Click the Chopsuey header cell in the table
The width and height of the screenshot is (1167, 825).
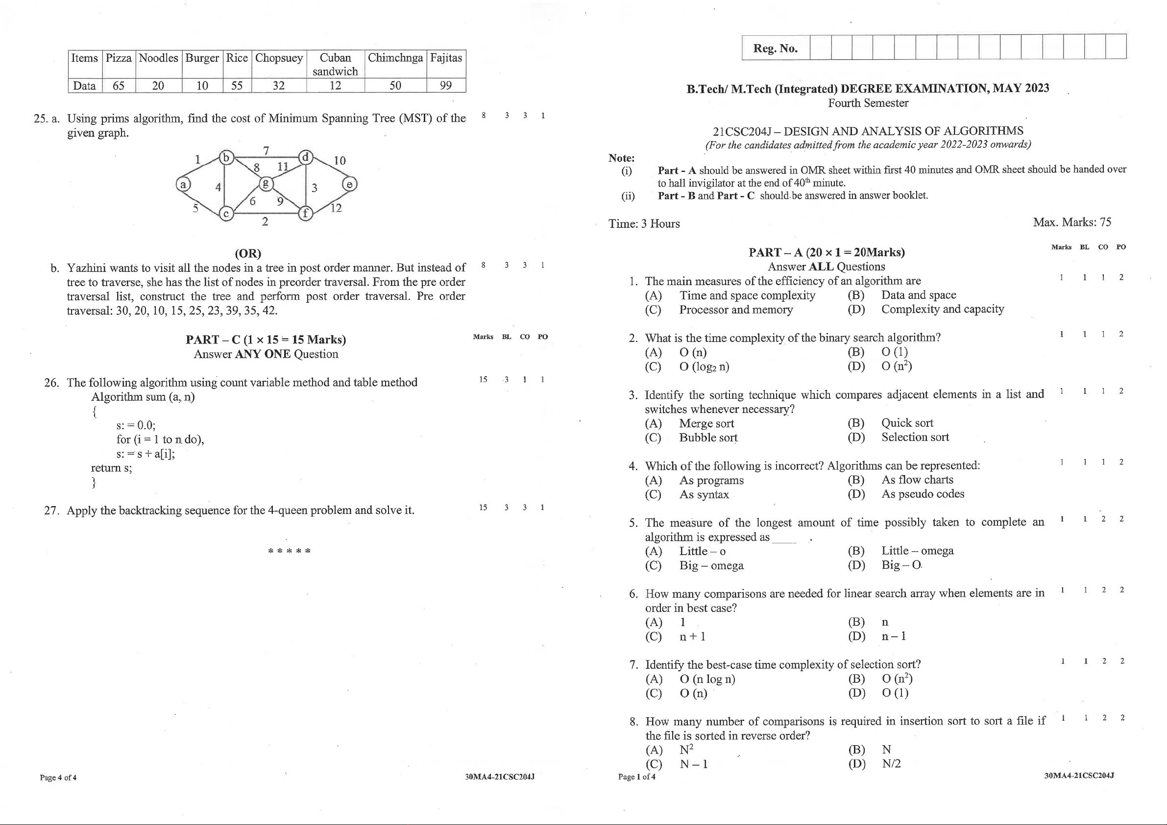[x=279, y=58]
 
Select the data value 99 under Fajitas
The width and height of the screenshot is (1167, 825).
[x=446, y=85]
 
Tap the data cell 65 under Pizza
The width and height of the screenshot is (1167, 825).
[x=119, y=85]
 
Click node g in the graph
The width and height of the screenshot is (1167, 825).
[x=266, y=184]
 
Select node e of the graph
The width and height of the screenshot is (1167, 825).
[x=350, y=184]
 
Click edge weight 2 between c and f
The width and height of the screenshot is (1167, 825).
[x=265, y=221]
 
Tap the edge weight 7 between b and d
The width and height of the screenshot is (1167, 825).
[x=266, y=150]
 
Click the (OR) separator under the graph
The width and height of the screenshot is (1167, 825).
[x=248, y=253]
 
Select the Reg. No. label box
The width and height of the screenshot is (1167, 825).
[x=775, y=49]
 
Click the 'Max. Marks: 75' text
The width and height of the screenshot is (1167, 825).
[x=1071, y=222]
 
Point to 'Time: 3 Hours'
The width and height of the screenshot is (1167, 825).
[x=644, y=224]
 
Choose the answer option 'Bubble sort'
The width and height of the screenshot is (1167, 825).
[x=708, y=437]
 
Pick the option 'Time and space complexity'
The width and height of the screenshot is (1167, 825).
[x=747, y=295]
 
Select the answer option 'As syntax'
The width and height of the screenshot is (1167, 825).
[x=704, y=495]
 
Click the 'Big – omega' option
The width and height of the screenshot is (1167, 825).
[x=711, y=565]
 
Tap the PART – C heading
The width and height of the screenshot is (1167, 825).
[x=266, y=340]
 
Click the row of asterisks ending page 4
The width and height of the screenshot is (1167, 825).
[x=289, y=551]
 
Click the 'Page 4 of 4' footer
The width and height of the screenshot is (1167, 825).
[x=58, y=777]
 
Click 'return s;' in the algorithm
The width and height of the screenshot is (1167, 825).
[x=111, y=468]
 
